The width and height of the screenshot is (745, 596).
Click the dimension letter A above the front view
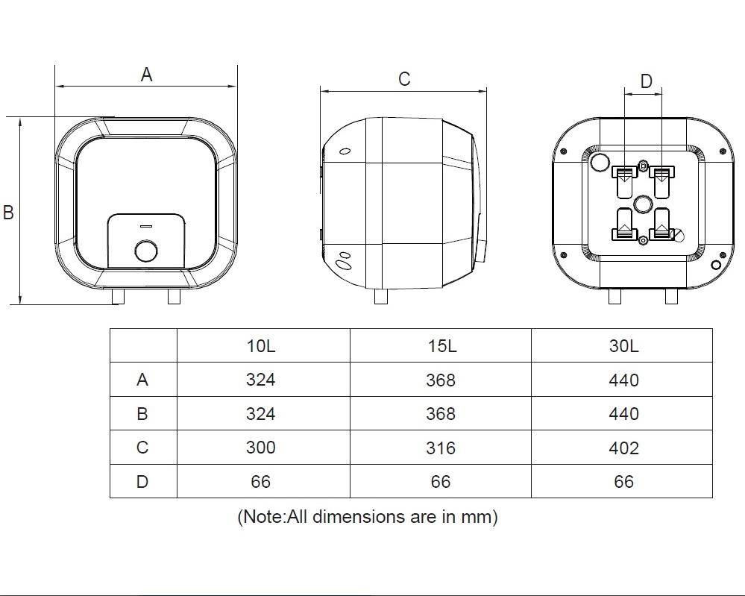click(146, 75)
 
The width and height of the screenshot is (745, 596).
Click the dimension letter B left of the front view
click(8, 212)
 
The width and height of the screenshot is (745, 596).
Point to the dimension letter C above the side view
click(404, 79)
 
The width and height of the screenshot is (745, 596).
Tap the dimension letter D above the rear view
click(646, 81)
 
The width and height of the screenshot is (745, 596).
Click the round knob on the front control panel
click(146, 251)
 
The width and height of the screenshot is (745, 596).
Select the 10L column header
click(261, 346)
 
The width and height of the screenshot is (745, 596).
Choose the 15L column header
click(442, 346)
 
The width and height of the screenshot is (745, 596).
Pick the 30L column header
click(624, 346)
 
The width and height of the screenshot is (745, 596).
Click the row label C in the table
click(142, 448)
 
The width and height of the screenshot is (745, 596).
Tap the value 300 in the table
click(261, 448)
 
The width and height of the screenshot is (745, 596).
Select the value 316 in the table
click(441, 448)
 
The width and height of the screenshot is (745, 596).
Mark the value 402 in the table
click(624, 448)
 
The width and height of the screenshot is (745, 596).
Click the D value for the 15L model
click(441, 482)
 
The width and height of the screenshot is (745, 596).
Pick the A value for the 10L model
click(261, 380)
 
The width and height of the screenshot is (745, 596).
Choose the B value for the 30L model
click(624, 414)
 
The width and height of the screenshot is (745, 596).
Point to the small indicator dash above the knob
click(146, 226)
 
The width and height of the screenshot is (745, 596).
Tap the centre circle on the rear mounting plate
click(642, 204)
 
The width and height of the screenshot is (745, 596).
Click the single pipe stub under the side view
click(381, 297)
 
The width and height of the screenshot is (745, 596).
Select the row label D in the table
click(142, 482)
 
